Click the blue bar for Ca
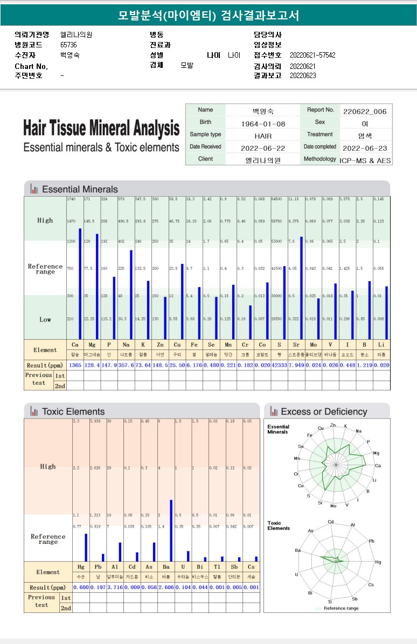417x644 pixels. tap(80, 284)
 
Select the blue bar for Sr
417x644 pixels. tap(302, 288)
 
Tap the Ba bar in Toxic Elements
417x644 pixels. tap(171, 530)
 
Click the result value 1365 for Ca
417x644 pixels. tap(75, 366)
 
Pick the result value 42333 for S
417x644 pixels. tap(279, 366)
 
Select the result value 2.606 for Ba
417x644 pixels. tap(166, 587)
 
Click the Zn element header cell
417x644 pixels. tap(160, 344)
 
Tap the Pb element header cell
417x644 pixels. tap(98, 566)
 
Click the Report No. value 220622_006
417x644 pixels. tap(365, 111)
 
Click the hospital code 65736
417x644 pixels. tap(68, 45)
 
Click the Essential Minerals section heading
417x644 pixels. tap(80, 189)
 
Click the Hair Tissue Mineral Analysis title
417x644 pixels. tap(101, 129)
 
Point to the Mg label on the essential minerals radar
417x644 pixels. tap(376, 453)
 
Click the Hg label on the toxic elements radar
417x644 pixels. tap(378, 562)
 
